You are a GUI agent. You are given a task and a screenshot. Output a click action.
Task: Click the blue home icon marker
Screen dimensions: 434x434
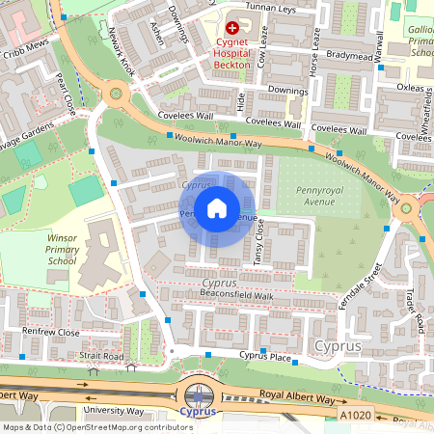[217, 208]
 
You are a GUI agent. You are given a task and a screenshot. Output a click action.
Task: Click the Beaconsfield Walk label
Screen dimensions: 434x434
[237, 294]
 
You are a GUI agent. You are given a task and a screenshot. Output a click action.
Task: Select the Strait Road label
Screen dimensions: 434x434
[101, 357]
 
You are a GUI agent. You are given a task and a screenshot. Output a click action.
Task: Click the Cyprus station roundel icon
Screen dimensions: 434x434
[199, 395]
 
